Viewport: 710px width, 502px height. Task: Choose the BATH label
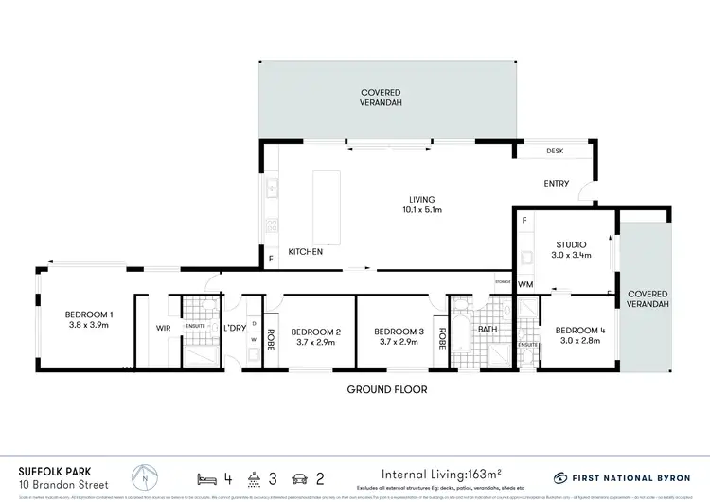[x=487, y=329]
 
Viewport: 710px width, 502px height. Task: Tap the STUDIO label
[x=571, y=244]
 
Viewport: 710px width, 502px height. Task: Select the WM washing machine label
[x=525, y=284]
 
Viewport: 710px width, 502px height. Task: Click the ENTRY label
[x=556, y=184]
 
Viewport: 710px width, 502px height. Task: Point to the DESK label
[x=555, y=152]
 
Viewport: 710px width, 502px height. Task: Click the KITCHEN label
[x=306, y=252]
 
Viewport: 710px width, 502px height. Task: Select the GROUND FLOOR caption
[x=386, y=389]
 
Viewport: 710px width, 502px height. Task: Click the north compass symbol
[x=144, y=450]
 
